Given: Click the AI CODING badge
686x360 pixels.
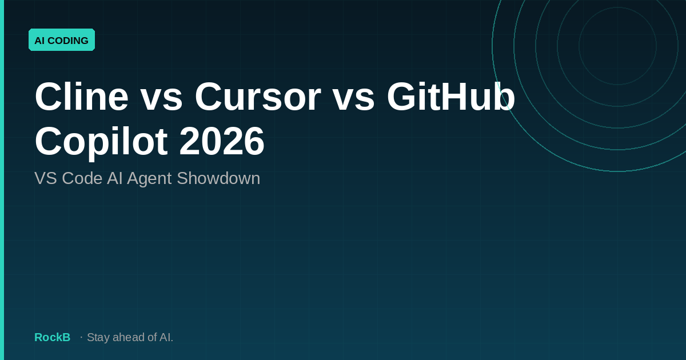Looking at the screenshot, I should pos(61,40).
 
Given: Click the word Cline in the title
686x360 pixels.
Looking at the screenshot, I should pos(81,97).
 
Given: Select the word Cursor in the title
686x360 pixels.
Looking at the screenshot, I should pos(257,97).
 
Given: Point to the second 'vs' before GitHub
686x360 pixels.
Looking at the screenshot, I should pos(353,97).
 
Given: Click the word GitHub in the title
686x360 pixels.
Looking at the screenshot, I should pos(450,97).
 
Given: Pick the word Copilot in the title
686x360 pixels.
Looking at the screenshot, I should pos(101,141).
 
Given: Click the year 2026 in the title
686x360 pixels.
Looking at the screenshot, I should pos(222,141).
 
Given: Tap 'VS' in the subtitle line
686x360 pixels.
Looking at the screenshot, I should pos(46,178).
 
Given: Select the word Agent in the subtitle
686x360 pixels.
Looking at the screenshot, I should pos(149,178).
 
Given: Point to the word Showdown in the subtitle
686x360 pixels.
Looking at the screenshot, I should pos(218,178).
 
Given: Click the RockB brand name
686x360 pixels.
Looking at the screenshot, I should pos(52,337).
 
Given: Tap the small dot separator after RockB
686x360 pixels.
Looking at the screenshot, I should pos(81,337).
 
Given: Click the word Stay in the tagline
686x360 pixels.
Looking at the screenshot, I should pos(98,337).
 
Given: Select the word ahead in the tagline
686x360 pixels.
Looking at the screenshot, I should pos(128,337).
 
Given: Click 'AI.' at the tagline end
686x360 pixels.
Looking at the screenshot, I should pos(166,337).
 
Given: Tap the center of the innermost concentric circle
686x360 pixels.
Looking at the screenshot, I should pos(617,46).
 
